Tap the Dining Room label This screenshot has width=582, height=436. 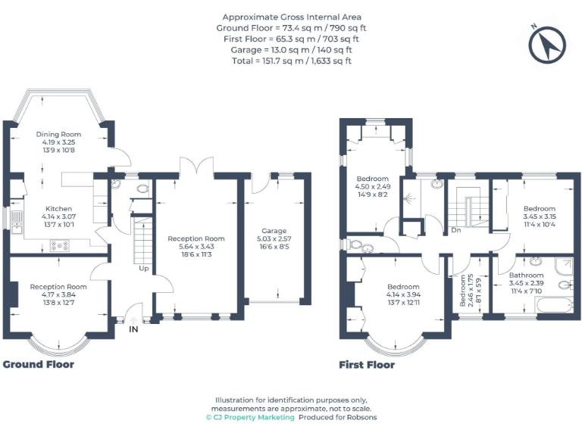click(x=58, y=135)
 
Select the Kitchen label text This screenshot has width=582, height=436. click(x=58, y=209)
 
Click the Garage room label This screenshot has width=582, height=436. click(x=274, y=231)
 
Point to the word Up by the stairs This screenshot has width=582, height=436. click(x=143, y=268)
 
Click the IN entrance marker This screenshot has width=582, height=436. click(x=133, y=329)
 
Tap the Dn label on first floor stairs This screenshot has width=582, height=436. click(x=455, y=229)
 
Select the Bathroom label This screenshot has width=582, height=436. click(x=526, y=276)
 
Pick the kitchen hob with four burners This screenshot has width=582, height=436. click(x=59, y=244)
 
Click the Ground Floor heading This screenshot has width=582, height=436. click(x=39, y=364)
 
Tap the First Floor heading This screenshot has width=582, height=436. click(x=367, y=364)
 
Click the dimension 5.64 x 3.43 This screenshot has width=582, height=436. click(x=196, y=247)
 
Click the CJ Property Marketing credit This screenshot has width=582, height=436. click(x=249, y=417)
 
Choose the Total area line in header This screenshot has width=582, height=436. click(x=291, y=61)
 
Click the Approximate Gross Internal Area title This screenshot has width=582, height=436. click(x=291, y=17)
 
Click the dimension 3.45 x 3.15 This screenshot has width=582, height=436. click(x=540, y=216)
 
